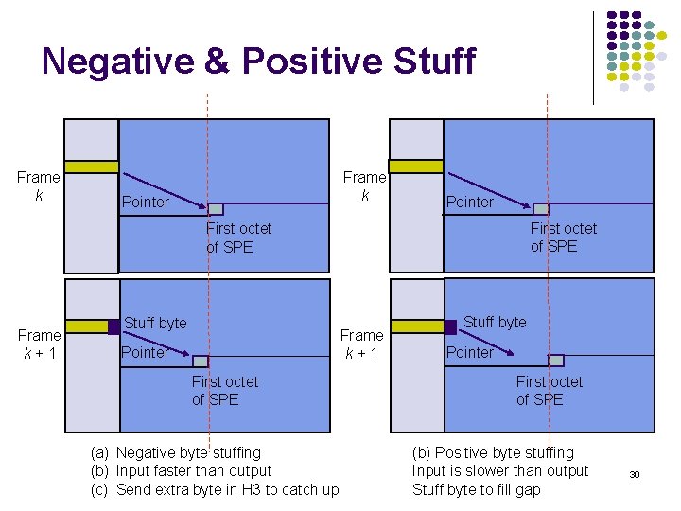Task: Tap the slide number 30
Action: point(635,474)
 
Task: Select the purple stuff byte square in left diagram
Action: point(113,327)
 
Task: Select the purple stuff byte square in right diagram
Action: point(450,327)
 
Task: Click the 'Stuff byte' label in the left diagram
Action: point(155,323)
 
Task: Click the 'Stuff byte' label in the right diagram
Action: point(495,322)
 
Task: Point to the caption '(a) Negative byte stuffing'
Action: point(176,452)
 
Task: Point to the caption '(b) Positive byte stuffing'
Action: point(493,452)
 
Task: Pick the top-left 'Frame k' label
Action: point(39,185)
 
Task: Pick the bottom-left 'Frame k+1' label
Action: point(39,344)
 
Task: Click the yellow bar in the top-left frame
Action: point(91,167)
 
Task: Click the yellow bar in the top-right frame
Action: point(416,167)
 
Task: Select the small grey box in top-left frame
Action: point(216,209)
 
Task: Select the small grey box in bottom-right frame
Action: point(556,360)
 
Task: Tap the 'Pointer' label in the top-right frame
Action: point(470,202)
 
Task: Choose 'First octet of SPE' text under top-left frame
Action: point(238,238)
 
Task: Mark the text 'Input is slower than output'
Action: point(500,470)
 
